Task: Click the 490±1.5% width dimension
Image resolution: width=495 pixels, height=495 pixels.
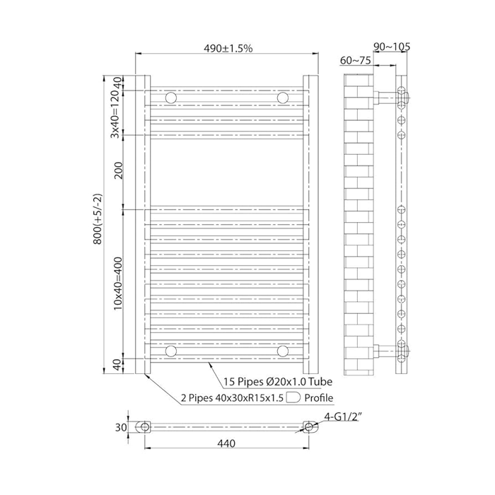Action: (x=228, y=48)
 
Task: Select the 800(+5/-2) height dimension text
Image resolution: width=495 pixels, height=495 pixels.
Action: (x=98, y=219)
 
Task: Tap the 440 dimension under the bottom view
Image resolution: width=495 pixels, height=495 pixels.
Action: (x=226, y=443)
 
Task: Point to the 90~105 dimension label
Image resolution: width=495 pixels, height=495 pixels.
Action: (x=392, y=47)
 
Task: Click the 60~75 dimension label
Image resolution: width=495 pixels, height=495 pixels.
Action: (x=356, y=60)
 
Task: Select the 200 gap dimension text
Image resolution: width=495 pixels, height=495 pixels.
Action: (x=118, y=170)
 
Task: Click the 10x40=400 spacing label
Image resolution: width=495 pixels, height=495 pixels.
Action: (x=118, y=284)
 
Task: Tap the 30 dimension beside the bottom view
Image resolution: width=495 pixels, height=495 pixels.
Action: (x=121, y=427)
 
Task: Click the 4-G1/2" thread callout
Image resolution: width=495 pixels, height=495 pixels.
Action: (x=342, y=417)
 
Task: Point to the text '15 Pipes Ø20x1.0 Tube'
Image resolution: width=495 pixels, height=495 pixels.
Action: (x=278, y=382)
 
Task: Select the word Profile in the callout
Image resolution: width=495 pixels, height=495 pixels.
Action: (x=319, y=397)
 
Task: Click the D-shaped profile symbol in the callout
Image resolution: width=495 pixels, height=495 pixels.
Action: (x=293, y=397)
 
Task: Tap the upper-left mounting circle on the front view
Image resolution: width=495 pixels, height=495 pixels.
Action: (x=171, y=98)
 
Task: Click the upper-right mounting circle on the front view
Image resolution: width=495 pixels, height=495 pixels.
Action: (x=283, y=98)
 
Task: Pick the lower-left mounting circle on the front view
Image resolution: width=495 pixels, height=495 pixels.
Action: (x=171, y=351)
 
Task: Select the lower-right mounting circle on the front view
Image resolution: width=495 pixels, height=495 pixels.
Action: (x=283, y=351)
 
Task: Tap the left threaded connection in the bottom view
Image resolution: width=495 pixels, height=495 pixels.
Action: (x=144, y=427)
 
